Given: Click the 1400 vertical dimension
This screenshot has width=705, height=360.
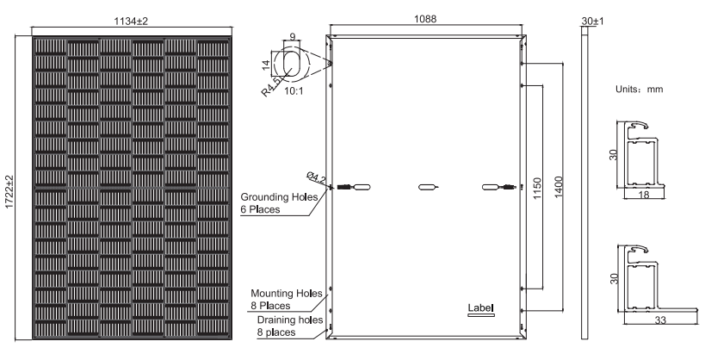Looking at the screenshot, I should [560, 187].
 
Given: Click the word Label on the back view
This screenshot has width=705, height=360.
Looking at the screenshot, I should [479, 307].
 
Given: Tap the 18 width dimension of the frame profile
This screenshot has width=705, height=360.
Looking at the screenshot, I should [643, 196].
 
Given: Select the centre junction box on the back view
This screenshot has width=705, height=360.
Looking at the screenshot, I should [427, 187].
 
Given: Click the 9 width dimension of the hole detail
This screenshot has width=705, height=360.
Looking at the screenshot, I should [293, 38].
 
